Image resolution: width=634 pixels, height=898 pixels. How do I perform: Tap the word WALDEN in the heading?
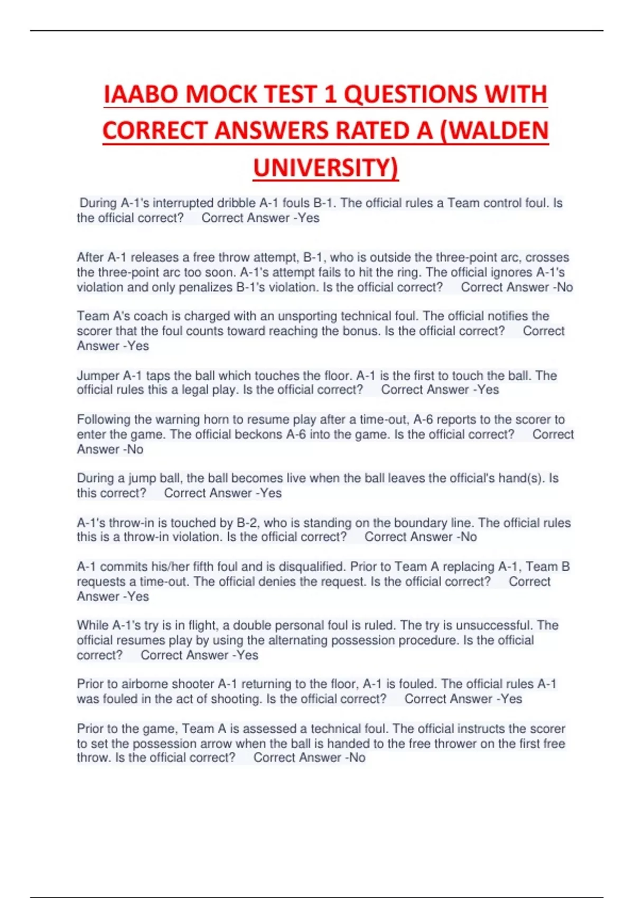499,131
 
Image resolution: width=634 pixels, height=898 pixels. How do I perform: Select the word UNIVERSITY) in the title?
325,168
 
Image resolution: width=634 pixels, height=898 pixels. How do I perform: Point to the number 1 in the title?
330,95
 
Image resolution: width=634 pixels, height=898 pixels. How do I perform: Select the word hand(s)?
521,479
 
